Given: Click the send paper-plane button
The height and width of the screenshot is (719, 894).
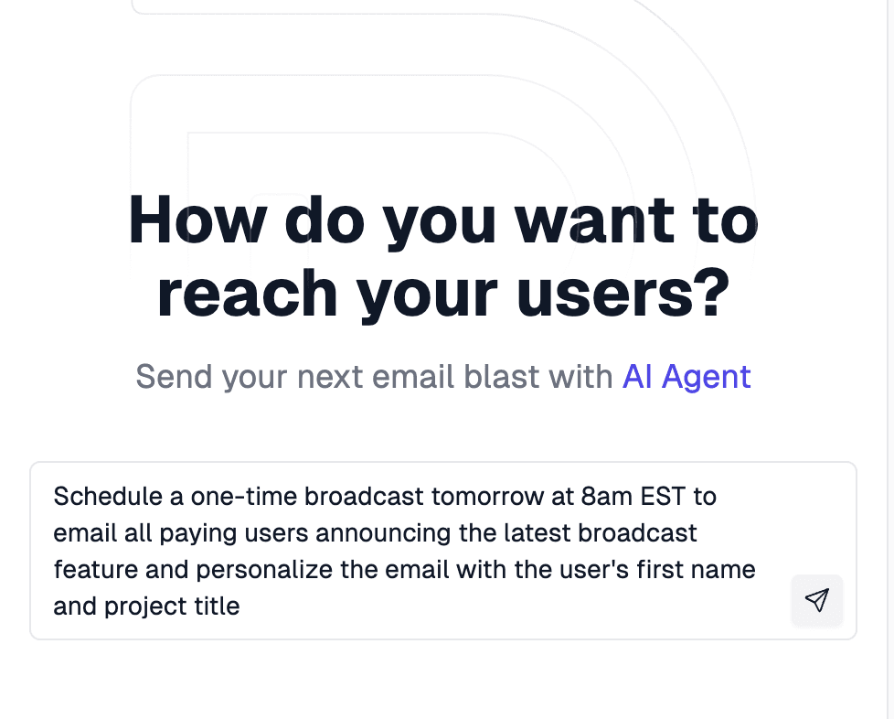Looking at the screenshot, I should [x=816, y=600].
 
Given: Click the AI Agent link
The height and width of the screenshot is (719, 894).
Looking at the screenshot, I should [x=686, y=376].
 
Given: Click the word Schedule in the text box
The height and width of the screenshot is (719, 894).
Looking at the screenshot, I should [x=106, y=496].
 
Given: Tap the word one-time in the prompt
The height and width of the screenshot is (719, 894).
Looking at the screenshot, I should [x=245, y=496].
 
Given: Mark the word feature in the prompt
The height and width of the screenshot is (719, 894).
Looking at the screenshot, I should [x=90, y=570].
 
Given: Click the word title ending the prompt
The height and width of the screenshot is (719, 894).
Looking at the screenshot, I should [x=217, y=606].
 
